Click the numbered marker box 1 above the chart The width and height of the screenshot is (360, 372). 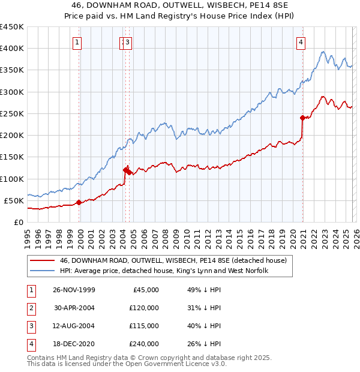[79, 42]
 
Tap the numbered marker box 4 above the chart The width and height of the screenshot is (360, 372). [300, 42]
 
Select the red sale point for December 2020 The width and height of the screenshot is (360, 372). [302, 118]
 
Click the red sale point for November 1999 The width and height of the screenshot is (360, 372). [79, 202]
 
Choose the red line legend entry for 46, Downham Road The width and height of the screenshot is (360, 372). [173, 260]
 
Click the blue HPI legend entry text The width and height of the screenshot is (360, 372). [163, 271]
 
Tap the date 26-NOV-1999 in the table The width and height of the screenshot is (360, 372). [74, 290]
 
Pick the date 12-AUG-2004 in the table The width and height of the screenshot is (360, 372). [74, 326]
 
